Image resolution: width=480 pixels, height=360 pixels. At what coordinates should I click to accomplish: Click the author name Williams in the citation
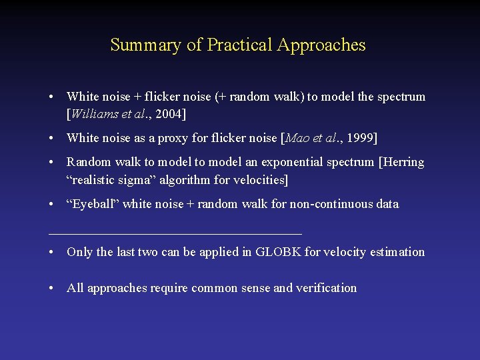pyautogui.click(x=94, y=114)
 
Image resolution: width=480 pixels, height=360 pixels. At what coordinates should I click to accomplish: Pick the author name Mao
pyautogui.click(x=298, y=138)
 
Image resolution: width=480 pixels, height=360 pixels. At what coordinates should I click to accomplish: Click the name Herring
pyautogui.click(x=403, y=162)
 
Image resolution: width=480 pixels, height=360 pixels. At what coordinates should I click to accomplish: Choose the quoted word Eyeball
pyautogui.click(x=92, y=204)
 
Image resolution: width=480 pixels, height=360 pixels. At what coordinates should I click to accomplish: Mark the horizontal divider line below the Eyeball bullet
pyautogui.click(x=175, y=233)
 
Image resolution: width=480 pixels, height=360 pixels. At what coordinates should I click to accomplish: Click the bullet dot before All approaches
pyautogui.click(x=51, y=288)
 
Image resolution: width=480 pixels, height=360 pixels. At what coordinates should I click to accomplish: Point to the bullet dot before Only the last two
pyautogui.click(x=51, y=252)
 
